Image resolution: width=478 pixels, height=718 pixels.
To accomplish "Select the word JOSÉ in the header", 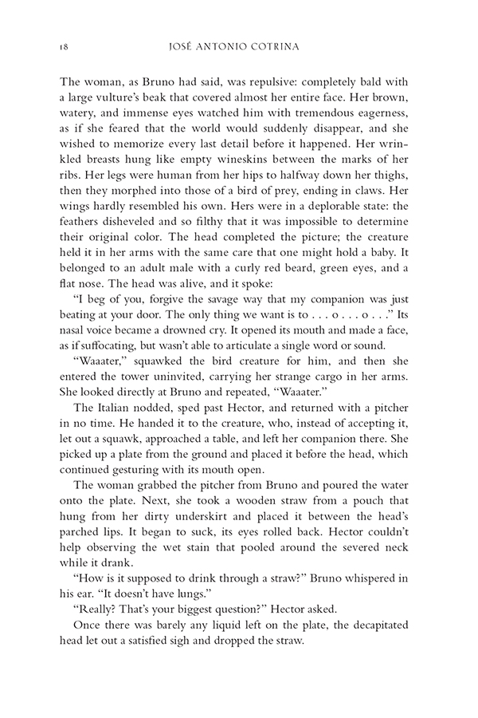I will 197,46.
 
